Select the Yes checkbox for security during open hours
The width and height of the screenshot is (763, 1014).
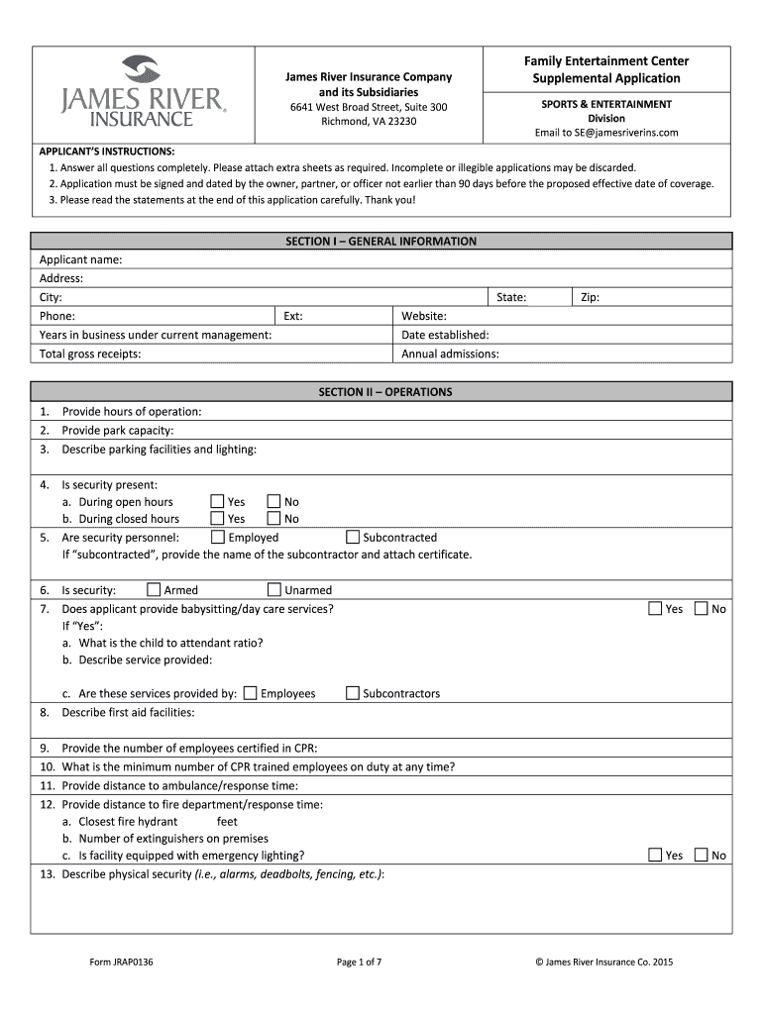tap(217, 502)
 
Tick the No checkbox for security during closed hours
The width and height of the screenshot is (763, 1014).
tap(273, 519)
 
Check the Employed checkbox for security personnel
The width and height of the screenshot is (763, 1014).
tap(217, 538)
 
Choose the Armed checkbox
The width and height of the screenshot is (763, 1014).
tap(154, 590)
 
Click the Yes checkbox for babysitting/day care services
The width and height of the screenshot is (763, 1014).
tap(655, 609)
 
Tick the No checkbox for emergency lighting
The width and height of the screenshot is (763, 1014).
tap(702, 856)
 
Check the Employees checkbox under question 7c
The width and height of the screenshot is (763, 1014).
tap(250, 693)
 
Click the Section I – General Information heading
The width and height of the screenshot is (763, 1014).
tap(381, 241)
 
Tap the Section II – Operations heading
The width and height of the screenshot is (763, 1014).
tap(384, 392)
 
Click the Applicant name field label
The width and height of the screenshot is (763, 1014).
tap(80, 259)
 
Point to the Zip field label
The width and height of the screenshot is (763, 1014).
tap(590, 297)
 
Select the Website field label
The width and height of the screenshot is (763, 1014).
tap(423, 316)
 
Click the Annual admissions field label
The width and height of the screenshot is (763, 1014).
tap(450, 354)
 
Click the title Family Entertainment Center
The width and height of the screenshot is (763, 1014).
tap(606, 61)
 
